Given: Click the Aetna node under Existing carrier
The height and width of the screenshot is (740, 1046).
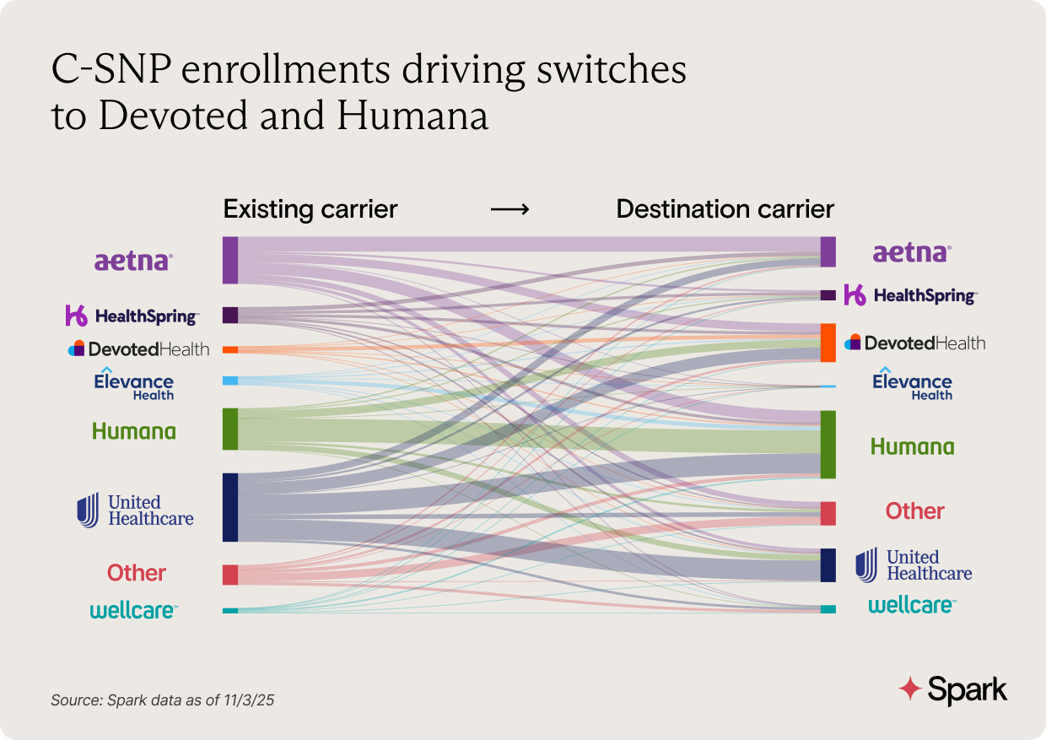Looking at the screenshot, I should click(230, 260).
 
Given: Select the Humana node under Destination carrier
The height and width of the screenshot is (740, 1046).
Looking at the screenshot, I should click(828, 445).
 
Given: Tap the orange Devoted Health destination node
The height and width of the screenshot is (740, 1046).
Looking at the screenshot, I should click(828, 343).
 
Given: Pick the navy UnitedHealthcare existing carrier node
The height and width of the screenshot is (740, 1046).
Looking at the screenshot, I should click(230, 507).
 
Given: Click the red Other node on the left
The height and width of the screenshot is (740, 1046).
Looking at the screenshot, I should click(230, 575).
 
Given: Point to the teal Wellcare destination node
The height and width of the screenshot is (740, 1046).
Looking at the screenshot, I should click(828, 609).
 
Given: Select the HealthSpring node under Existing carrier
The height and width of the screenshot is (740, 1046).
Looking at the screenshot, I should click(230, 315).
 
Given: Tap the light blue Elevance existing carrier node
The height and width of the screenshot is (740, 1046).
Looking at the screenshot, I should click(230, 381).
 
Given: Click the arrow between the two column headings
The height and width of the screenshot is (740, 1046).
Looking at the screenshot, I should click(510, 209).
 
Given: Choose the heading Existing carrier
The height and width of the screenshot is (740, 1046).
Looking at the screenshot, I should click(310, 209).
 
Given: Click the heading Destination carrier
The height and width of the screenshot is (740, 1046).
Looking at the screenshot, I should click(725, 209).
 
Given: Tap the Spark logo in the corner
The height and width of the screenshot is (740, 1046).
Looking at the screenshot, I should click(952, 689).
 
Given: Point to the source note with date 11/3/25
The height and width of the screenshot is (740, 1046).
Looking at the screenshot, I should click(164, 700).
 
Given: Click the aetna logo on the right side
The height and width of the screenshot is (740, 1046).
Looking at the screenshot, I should click(911, 252).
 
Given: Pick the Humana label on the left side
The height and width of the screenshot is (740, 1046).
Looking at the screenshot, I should click(134, 431).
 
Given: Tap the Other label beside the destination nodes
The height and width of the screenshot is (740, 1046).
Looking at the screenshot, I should click(914, 510).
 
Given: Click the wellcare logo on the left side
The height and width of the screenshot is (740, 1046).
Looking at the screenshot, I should click(133, 610).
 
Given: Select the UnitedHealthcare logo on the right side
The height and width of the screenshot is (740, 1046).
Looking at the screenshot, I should click(914, 564).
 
